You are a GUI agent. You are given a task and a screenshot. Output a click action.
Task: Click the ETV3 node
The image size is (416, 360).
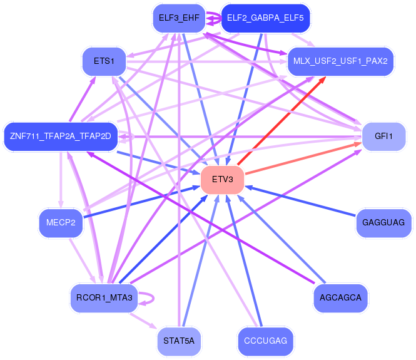point(222,180)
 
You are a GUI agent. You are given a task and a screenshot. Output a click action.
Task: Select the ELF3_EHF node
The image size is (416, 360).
point(179,18)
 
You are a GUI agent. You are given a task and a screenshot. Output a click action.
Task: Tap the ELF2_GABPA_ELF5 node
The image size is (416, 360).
point(265,18)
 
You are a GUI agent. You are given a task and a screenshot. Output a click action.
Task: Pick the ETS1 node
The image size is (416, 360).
point(104,61)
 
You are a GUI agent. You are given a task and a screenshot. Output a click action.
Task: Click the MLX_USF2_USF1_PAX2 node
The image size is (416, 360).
point(340,61)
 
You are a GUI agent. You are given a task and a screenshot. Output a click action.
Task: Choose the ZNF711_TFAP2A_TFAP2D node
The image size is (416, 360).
point(61,136)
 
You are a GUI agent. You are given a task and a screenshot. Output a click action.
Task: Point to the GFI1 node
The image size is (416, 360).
point(383,136)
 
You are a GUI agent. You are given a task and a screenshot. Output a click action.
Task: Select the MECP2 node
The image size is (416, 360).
point(61,223)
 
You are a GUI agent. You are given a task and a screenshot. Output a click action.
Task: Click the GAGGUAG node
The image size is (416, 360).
point(383,223)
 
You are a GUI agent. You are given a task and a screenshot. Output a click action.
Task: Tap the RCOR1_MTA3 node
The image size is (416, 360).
point(104,298)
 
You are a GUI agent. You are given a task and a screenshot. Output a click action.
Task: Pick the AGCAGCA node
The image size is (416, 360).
point(340,298)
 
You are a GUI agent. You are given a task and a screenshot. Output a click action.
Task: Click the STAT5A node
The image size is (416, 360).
point(179,341)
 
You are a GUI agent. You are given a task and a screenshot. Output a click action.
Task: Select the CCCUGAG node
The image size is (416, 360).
point(265,341)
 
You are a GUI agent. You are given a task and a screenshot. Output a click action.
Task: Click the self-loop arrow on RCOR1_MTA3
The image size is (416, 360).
point(153,298)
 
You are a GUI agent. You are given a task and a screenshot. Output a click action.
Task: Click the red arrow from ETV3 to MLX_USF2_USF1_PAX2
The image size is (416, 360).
point(282,121)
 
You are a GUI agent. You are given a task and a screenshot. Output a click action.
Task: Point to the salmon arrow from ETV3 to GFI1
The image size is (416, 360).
point(303,158)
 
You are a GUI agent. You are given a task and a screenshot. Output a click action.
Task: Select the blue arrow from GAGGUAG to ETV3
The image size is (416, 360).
point(300,201)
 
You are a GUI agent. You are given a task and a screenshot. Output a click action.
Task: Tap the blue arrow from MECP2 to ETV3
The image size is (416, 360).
point(141,202)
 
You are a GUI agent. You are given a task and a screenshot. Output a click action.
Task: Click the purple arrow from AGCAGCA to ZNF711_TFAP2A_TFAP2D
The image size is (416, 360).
point(201,217)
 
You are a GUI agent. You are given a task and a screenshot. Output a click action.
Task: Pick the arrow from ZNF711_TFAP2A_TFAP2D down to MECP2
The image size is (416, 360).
point(61,180)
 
